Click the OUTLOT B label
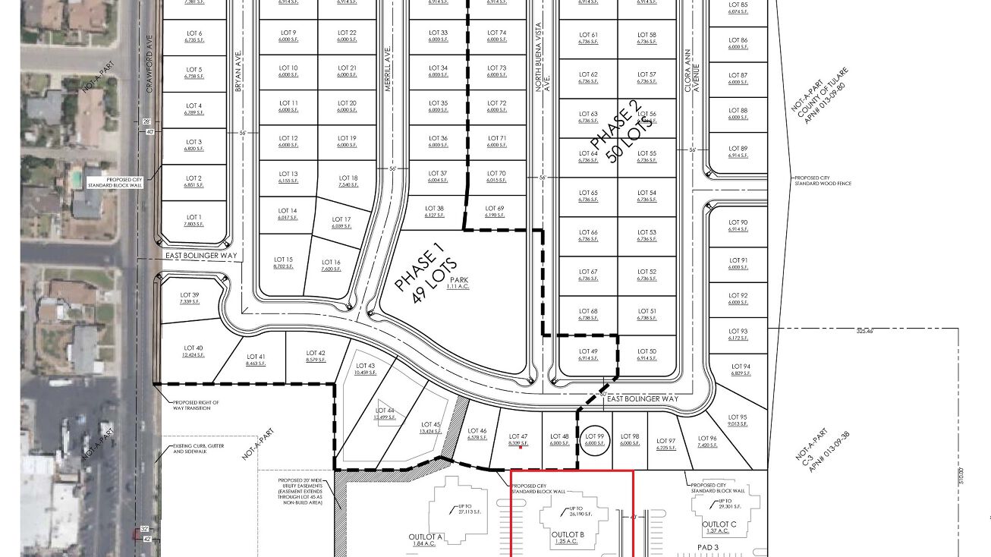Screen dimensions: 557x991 568,534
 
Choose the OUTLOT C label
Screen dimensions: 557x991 719,524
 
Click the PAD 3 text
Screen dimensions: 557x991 713,546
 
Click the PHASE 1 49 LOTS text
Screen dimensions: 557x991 425,274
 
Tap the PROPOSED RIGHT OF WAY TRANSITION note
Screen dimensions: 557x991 197,406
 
